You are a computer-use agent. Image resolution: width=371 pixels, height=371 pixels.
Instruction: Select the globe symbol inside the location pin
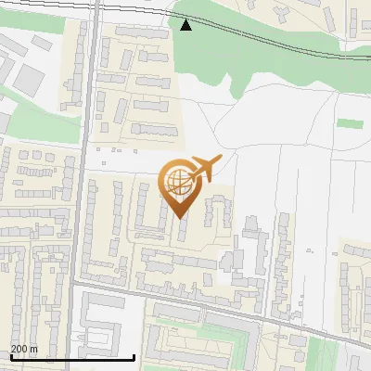pos(178,182)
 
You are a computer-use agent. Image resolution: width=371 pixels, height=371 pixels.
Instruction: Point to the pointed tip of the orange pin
pos(179,217)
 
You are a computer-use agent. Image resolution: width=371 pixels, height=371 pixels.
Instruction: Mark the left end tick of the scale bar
pos(10,356)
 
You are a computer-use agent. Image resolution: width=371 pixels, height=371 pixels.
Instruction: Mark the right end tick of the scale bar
pos(134,356)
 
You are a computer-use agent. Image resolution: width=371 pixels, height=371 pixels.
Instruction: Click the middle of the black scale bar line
pos(72,358)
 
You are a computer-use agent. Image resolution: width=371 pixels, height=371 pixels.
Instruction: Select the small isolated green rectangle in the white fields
pos(350,123)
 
